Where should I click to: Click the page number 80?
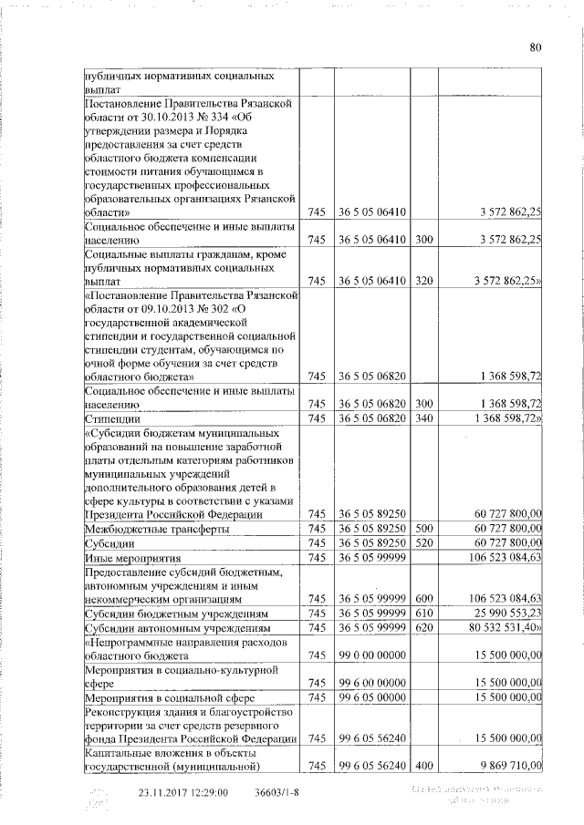536,49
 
